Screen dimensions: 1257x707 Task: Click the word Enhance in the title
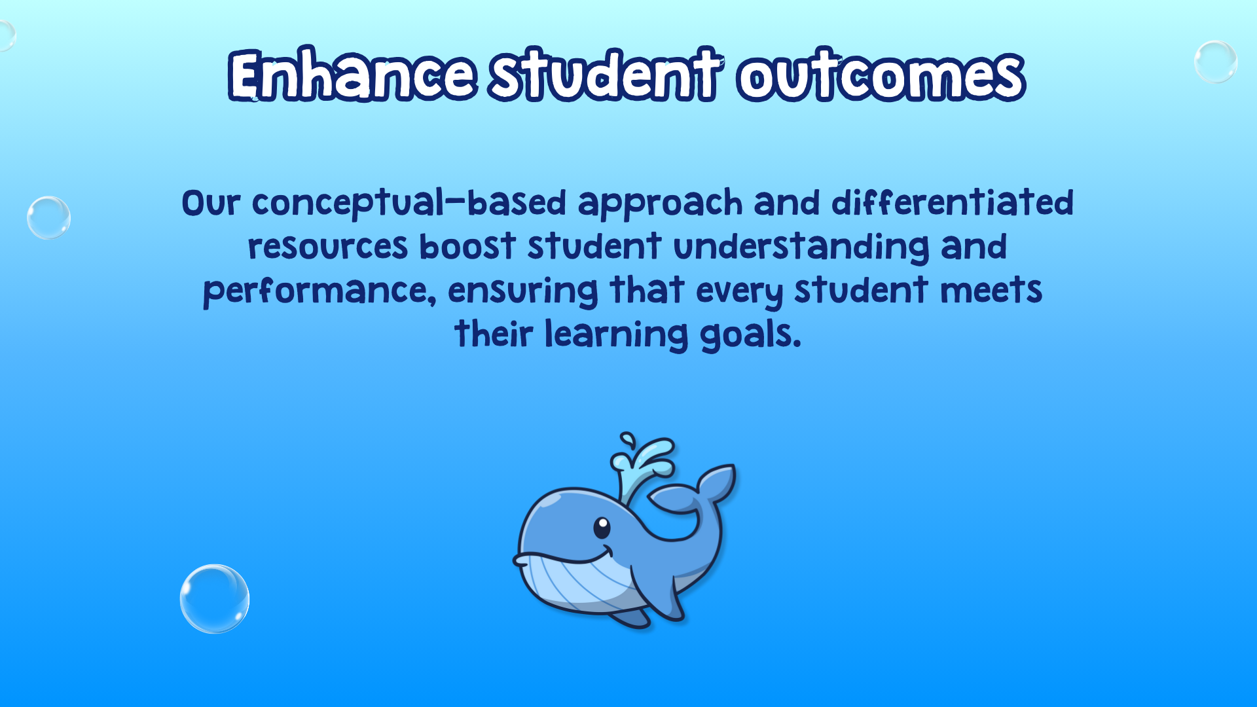pos(352,75)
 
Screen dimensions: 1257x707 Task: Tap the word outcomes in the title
pos(881,75)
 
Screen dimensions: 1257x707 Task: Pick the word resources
pos(328,247)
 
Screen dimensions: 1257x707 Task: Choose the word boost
pos(467,246)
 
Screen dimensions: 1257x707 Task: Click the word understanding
pos(801,247)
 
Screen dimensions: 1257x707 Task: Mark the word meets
pos(991,290)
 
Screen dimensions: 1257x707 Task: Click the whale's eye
pos(602,527)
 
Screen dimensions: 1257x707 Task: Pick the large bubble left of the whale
pos(215,599)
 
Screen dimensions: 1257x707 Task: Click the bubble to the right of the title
pos(1216,62)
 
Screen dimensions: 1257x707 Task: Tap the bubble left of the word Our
pos(48,217)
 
